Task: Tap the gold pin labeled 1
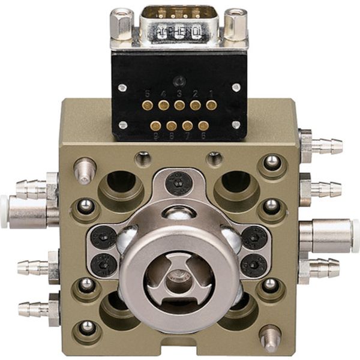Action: coord(211,105)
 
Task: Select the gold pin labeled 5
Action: coord(148,105)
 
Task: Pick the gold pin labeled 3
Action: coord(179,105)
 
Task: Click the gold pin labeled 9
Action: coord(155,125)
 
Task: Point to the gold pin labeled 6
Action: coord(203,125)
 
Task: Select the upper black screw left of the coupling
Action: coord(104,238)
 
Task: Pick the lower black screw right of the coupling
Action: coord(252,264)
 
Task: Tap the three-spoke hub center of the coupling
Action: coord(175,275)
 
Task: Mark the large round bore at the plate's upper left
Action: coord(122,183)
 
